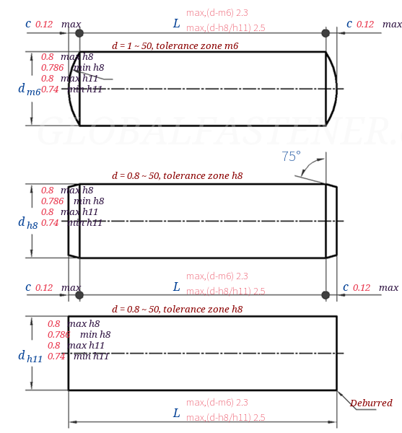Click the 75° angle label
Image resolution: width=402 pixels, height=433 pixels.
point(291,156)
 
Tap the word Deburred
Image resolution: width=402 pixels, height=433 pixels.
point(371,403)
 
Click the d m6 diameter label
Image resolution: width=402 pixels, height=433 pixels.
point(29,89)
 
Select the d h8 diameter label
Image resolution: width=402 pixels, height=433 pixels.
point(28,223)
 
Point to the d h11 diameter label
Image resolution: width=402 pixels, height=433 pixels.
point(30,356)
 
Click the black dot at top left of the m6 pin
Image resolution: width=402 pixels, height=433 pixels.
point(79,33)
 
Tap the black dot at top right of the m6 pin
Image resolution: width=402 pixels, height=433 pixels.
point(325,33)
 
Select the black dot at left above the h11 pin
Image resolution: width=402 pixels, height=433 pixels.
point(79,294)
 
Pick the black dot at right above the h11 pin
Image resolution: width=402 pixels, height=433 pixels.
point(325,294)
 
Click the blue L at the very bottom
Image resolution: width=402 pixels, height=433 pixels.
point(176,413)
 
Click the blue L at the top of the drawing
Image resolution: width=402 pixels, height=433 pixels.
point(176,24)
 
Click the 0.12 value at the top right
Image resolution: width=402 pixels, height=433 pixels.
point(365,25)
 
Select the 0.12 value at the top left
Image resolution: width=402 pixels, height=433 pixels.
point(44,25)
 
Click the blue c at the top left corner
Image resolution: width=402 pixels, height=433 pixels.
point(28,24)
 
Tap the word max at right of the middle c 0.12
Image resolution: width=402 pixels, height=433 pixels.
point(388,288)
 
